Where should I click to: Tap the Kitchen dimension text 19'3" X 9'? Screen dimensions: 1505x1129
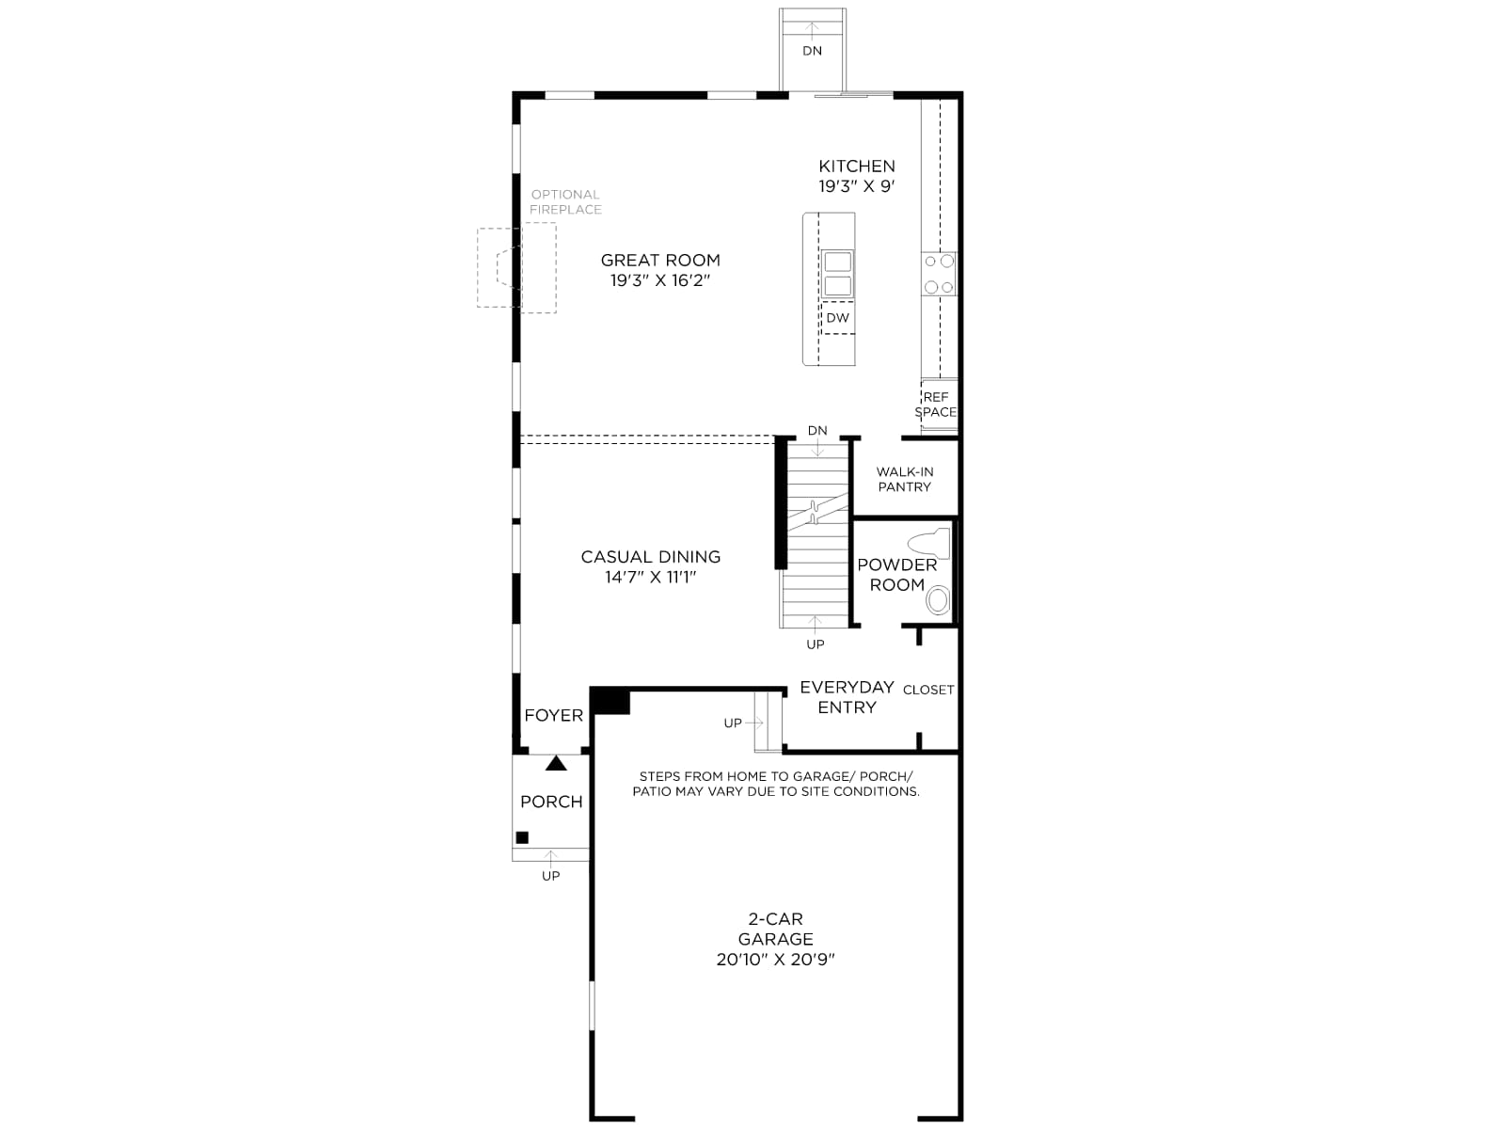pyautogui.click(x=857, y=186)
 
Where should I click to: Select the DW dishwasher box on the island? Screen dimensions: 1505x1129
pyautogui.click(x=838, y=317)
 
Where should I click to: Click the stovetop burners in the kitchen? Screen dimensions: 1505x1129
pyautogui.click(x=939, y=274)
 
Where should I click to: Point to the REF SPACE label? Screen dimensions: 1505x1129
pyautogui.click(x=936, y=405)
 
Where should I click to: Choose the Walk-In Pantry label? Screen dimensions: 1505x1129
pyautogui.click(x=904, y=479)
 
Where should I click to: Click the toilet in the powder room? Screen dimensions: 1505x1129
pyautogui.click(x=929, y=543)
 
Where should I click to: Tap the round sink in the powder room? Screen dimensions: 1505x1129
pyautogui.click(x=938, y=600)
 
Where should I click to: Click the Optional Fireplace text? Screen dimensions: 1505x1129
pyautogui.click(x=565, y=202)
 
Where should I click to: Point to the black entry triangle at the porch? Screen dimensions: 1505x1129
pyautogui.click(x=556, y=763)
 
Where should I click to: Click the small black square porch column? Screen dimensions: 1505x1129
pyautogui.click(x=522, y=837)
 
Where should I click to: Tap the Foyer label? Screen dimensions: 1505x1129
pyautogui.click(x=553, y=716)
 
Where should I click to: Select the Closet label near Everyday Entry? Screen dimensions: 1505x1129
pyautogui.click(x=928, y=690)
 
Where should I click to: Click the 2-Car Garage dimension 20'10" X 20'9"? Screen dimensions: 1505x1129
pyautogui.click(x=775, y=960)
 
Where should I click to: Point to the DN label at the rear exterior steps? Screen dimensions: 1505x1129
pyautogui.click(x=813, y=51)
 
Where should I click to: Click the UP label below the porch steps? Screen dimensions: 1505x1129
pyautogui.click(x=550, y=876)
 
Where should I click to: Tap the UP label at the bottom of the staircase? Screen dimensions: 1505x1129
pyautogui.click(x=816, y=644)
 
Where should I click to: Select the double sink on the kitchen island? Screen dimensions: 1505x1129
pyautogui.click(x=838, y=274)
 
